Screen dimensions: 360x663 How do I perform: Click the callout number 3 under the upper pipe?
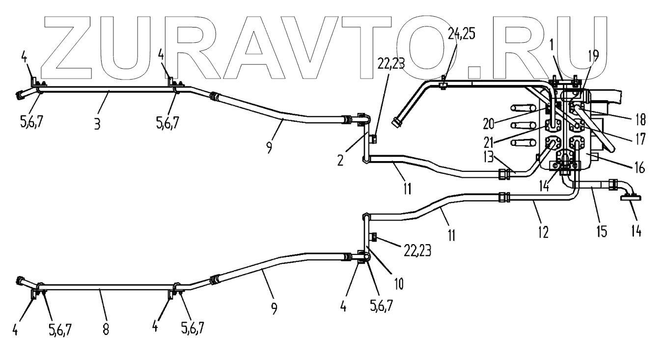(97, 124)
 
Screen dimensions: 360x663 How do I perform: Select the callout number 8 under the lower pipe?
(106, 328)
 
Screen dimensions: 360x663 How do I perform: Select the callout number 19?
(594, 55)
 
